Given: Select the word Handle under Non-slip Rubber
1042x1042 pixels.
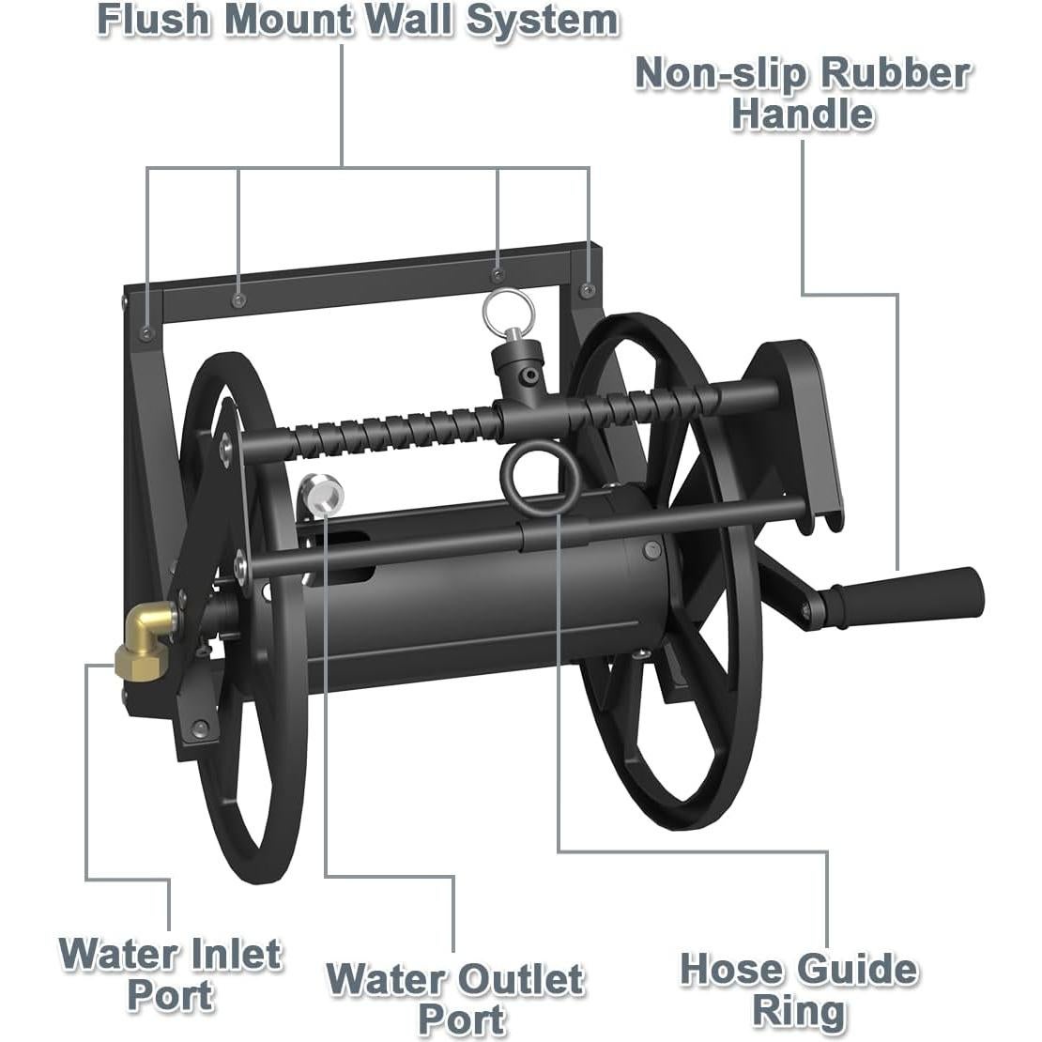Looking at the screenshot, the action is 803,114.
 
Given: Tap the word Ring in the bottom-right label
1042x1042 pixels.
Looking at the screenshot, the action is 800,1013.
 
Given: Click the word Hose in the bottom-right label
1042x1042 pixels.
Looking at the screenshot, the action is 734,970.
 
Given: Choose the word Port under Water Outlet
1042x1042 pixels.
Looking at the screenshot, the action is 461,1020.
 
